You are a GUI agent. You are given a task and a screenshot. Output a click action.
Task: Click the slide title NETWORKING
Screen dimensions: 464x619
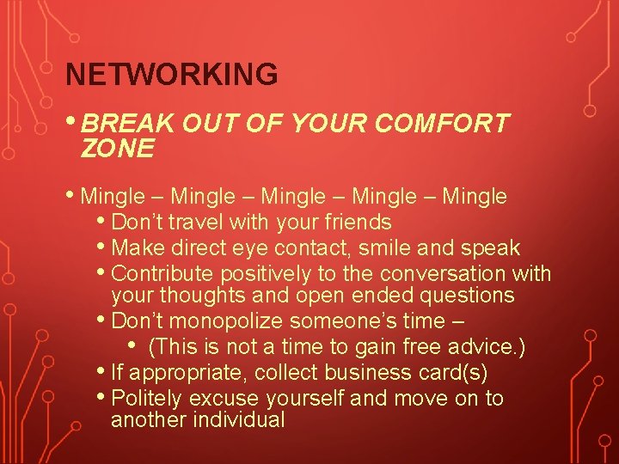[x=172, y=75]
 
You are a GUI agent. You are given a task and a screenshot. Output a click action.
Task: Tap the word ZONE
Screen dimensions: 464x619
[x=117, y=149]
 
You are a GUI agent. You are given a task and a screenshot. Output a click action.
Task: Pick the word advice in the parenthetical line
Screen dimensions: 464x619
[x=489, y=348]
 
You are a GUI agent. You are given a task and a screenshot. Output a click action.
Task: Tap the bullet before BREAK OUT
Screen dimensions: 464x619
[x=72, y=122]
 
